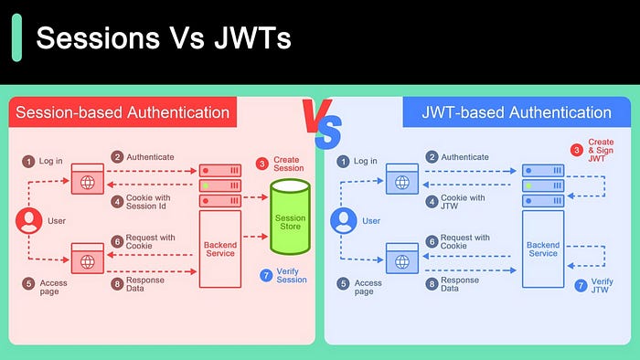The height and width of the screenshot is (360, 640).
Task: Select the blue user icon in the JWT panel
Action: [x=343, y=220]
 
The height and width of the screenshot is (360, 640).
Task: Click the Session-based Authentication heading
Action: [x=123, y=113]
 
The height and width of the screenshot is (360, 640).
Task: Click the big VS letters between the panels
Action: [x=320, y=126]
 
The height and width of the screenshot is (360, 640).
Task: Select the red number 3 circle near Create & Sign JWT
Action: [x=576, y=150]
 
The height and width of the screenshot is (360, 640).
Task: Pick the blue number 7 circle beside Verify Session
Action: [x=265, y=275]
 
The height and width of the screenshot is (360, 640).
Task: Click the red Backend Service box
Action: [x=219, y=249]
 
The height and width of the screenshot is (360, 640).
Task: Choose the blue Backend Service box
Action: [x=543, y=249]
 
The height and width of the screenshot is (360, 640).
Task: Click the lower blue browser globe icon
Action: [x=402, y=261]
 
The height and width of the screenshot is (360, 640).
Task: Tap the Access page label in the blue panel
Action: [x=368, y=288]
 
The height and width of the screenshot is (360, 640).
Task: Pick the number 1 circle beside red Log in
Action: [x=28, y=162]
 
